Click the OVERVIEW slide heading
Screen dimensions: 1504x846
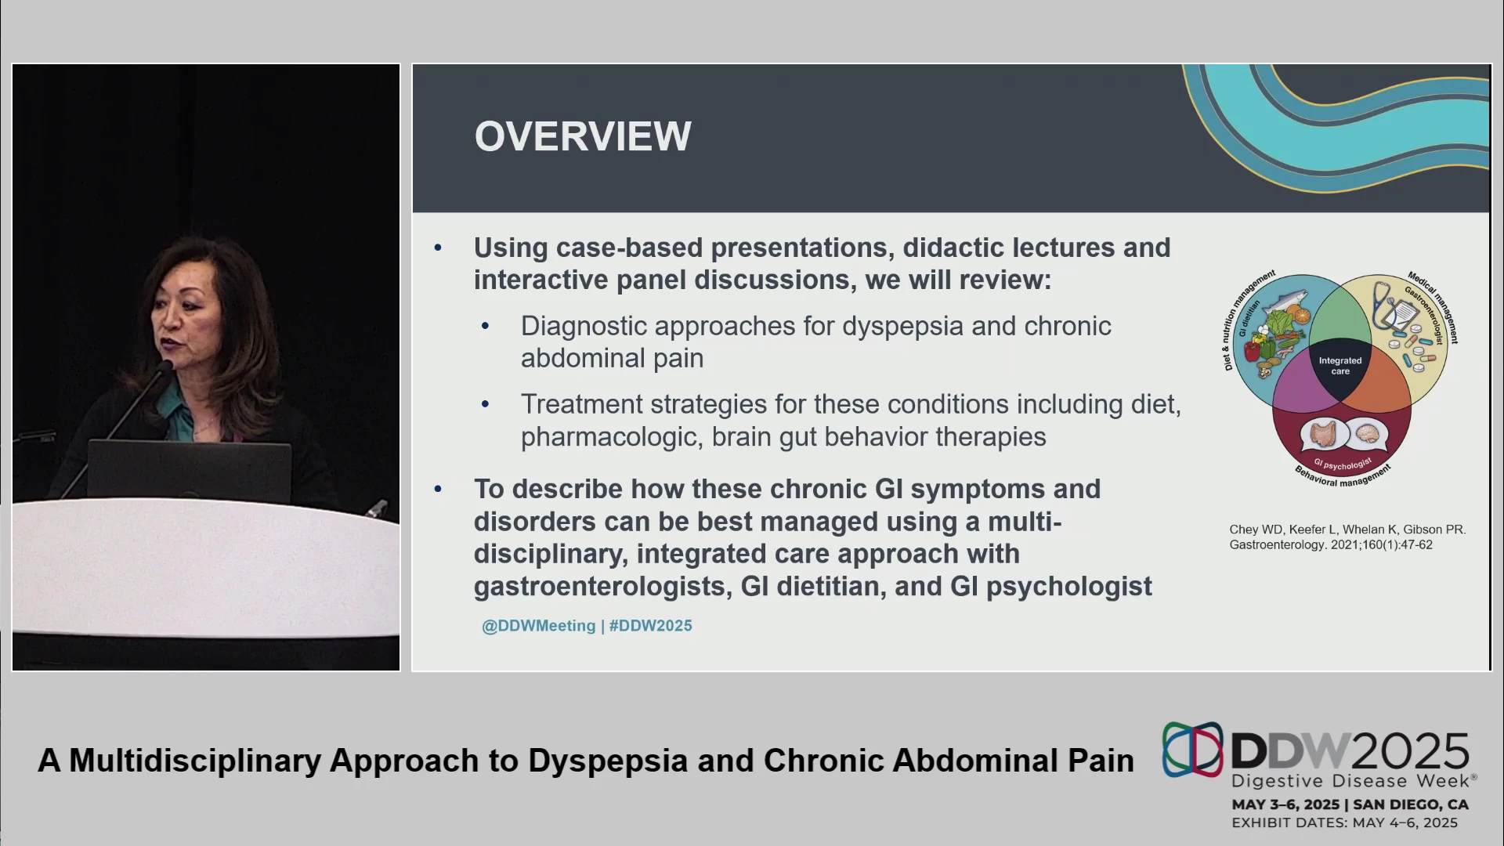point(583,136)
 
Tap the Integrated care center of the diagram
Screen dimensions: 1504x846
point(1340,366)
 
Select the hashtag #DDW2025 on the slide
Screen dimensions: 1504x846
point(651,626)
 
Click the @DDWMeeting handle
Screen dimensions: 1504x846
point(539,626)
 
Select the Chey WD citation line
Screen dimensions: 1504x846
point(1347,530)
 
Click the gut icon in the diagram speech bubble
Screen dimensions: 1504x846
point(1323,433)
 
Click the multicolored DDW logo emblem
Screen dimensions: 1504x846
point(1192,750)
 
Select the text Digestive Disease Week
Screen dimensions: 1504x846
point(1350,781)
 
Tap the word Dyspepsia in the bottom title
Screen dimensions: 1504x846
point(608,761)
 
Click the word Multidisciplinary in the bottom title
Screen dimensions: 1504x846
point(195,761)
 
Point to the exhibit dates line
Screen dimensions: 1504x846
point(1345,822)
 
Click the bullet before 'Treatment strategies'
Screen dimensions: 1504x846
point(486,404)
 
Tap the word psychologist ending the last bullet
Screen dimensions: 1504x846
point(1068,587)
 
